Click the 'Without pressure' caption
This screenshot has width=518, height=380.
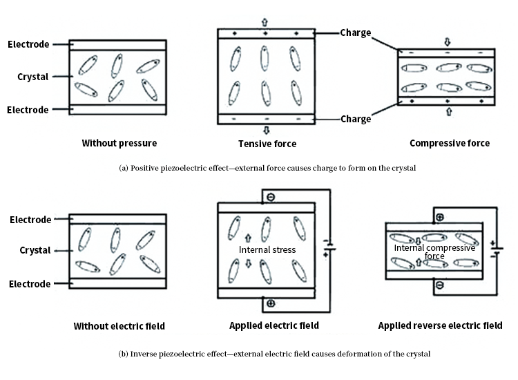[119, 144]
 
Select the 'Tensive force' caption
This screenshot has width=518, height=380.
[263, 144]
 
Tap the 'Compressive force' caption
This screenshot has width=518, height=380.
[449, 144]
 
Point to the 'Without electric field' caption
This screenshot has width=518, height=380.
[119, 325]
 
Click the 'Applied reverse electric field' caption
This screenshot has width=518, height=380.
[440, 325]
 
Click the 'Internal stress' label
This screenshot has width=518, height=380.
[267, 249]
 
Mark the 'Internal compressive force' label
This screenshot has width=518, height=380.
[434, 251]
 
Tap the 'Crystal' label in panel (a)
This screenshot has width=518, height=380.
[33, 77]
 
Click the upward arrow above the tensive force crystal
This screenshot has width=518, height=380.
[264, 23]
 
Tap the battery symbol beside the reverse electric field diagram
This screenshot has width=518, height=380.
[494, 249]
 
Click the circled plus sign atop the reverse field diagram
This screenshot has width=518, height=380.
[439, 218]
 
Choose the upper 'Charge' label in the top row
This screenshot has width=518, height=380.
[356, 32]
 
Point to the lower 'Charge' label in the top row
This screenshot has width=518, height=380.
[356, 119]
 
